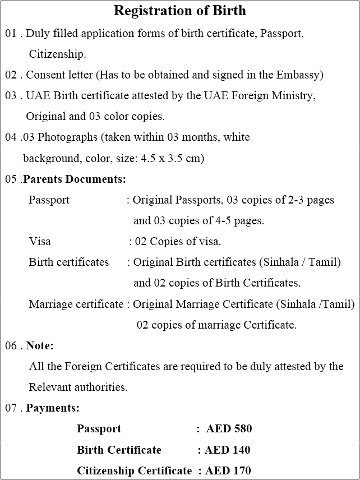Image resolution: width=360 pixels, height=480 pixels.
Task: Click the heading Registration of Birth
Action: pos(179,11)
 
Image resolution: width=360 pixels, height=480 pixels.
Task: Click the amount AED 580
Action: pos(229,429)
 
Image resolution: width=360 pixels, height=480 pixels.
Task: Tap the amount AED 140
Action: pos(227,450)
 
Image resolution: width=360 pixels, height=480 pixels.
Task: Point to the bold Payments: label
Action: pos(53,408)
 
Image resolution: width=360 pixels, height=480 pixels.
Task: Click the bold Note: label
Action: pos(40,345)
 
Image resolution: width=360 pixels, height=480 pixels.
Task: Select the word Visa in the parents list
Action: pos(40,242)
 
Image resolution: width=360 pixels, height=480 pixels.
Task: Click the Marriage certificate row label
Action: pos(76,304)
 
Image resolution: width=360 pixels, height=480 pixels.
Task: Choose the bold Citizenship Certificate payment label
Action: pos(135,470)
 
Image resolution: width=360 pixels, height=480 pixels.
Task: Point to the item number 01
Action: pos(11,33)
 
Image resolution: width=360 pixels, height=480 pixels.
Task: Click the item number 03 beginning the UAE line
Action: pos(11,96)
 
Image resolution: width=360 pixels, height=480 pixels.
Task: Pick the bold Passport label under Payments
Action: pos(99,429)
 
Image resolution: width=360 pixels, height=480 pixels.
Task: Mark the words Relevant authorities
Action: pos(78,387)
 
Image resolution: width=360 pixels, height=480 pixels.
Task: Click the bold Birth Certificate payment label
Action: pos(119,450)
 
